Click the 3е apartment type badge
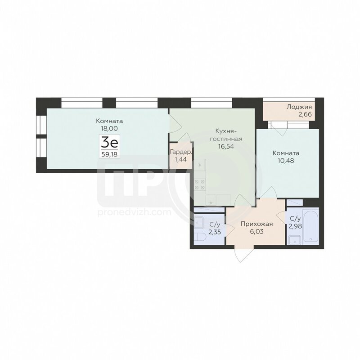(x=109, y=143)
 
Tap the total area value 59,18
(x=109, y=154)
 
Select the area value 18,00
(x=109, y=128)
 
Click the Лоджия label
(x=299, y=107)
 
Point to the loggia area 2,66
(x=305, y=114)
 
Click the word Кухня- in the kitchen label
(x=226, y=131)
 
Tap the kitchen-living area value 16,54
(x=226, y=146)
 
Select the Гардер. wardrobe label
(x=181, y=152)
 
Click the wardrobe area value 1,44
(x=181, y=159)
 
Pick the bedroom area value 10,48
(x=286, y=161)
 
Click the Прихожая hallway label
(x=256, y=224)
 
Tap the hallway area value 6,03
(x=256, y=231)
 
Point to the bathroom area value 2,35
(x=215, y=232)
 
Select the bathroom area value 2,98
(x=295, y=226)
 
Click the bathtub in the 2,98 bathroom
(x=310, y=226)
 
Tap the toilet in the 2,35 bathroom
(x=198, y=238)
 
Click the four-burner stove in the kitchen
(x=200, y=184)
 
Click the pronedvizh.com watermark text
(x=134, y=212)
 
